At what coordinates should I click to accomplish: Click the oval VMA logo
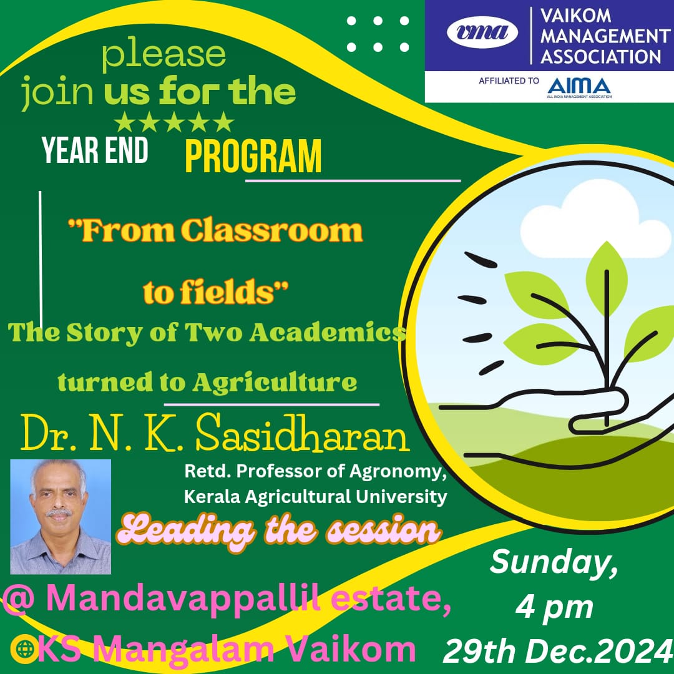(482, 32)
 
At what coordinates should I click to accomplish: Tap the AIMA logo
(579, 88)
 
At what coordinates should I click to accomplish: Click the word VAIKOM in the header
(575, 16)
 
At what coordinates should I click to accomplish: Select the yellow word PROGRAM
(253, 155)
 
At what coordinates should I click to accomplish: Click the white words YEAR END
(95, 150)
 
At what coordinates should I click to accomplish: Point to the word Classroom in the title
(271, 231)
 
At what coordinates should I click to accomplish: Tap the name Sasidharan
(303, 433)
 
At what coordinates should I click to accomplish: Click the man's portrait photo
(61, 517)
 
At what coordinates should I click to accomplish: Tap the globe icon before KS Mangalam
(24, 649)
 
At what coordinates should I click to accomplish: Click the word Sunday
(554, 562)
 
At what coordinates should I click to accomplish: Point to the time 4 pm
(554, 608)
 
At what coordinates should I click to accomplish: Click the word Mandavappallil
(183, 598)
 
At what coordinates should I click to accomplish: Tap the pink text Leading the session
(279, 530)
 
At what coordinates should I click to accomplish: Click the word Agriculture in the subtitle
(275, 382)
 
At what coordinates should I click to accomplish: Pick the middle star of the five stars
(174, 122)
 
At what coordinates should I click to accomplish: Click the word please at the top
(164, 55)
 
